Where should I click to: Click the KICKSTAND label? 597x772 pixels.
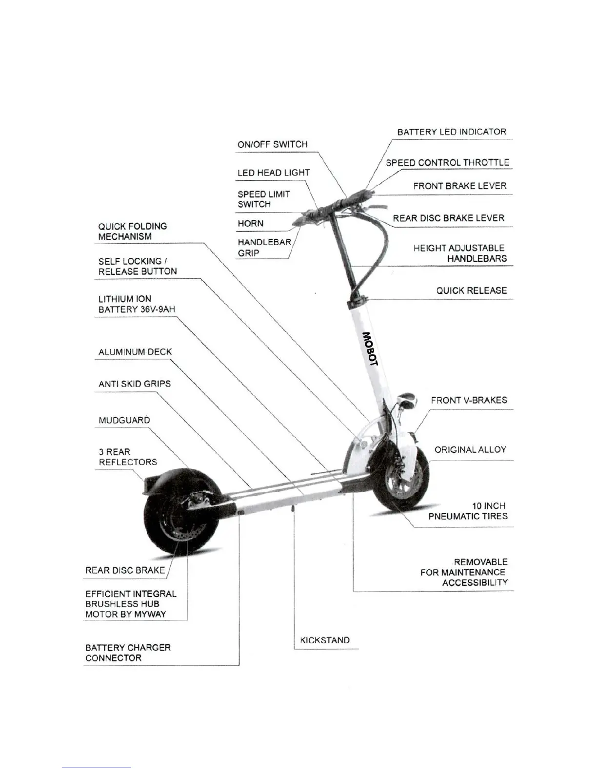click(x=325, y=640)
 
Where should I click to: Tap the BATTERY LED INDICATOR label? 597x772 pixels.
click(x=451, y=132)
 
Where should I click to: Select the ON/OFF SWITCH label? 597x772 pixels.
click(x=272, y=144)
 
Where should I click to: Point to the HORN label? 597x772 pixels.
click(x=250, y=224)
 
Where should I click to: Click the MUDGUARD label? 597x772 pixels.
click(x=124, y=420)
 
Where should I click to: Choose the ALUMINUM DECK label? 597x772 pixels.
click(x=135, y=352)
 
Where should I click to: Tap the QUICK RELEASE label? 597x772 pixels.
click(x=471, y=290)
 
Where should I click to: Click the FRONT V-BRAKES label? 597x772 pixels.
click(x=469, y=400)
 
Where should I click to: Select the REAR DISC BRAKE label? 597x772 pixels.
click(x=125, y=570)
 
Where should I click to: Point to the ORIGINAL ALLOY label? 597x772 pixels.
click(x=470, y=449)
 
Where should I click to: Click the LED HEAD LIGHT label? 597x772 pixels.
click(x=273, y=173)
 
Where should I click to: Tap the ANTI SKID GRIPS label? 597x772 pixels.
click(x=134, y=384)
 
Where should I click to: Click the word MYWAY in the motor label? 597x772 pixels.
click(x=151, y=614)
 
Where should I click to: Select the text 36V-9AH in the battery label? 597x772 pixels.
click(x=157, y=309)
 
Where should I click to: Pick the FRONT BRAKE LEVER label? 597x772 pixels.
click(x=459, y=186)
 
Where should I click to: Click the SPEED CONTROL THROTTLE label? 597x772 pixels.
click(x=447, y=163)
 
